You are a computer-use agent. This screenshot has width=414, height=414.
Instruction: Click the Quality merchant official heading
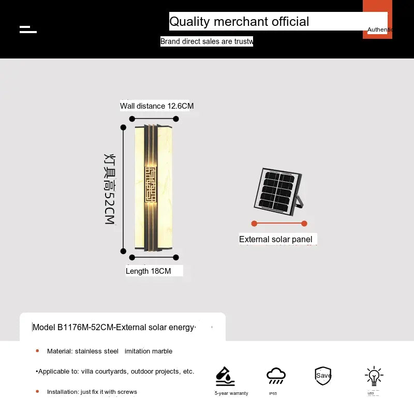[239, 22]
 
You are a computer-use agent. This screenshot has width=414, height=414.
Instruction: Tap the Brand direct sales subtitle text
[206, 41]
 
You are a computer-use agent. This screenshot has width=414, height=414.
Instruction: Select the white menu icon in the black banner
[28, 29]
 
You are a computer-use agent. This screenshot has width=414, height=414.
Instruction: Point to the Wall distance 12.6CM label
[157, 106]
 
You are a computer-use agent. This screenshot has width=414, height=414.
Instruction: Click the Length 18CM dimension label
[148, 271]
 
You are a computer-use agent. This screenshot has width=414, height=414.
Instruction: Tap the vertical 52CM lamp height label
[109, 188]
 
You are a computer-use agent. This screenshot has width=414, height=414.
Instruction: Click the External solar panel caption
[276, 239]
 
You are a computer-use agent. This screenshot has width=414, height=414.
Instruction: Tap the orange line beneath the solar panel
[279, 224]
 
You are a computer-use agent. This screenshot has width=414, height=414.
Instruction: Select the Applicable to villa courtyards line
[115, 371]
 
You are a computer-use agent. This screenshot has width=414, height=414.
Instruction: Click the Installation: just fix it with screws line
[92, 392]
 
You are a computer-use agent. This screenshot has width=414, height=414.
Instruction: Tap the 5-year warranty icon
[225, 376]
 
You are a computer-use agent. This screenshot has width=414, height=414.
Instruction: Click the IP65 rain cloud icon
[276, 376]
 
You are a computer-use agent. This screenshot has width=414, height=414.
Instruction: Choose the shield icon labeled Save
[323, 376]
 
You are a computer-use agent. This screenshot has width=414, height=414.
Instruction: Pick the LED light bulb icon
[373, 376]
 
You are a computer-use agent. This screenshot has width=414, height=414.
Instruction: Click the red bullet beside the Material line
[37, 351]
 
